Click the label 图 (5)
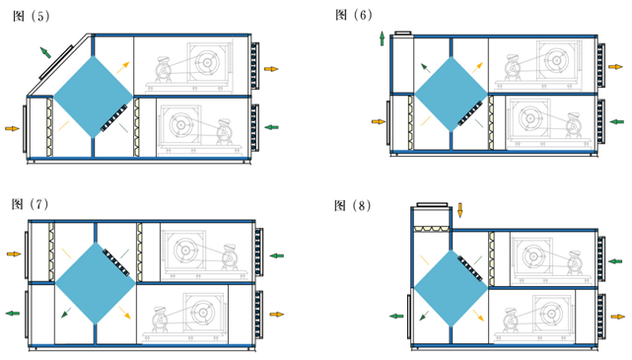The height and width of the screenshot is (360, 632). (x=31, y=16)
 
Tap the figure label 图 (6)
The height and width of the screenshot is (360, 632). (x=354, y=15)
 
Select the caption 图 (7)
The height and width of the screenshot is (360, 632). (x=31, y=204)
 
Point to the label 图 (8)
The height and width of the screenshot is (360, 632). (x=353, y=205)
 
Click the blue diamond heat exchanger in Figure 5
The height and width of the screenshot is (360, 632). (x=93, y=97)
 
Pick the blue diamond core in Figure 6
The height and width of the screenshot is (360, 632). (x=451, y=95)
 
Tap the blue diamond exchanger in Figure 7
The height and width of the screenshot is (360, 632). (x=96, y=283)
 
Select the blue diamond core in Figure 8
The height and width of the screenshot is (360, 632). (x=451, y=289)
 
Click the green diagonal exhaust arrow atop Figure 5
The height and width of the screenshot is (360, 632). (x=45, y=52)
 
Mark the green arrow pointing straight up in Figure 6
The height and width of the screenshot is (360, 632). (x=382, y=38)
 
